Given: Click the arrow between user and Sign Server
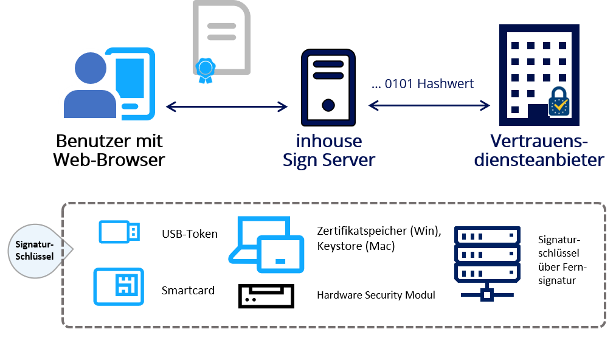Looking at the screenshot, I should click(x=226, y=107).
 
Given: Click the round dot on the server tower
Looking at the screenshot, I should click(x=328, y=105).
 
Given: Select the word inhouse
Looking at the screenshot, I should click(x=328, y=141).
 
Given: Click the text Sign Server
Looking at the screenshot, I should click(x=328, y=160).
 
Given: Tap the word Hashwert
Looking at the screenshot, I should click(x=446, y=84).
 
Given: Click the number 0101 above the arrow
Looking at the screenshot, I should click(x=398, y=84).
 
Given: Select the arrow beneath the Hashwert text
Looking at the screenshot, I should click(x=429, y=106).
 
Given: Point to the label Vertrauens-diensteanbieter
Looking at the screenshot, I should click(x=539, y=151).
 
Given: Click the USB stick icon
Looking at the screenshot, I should click(x=119, y=232).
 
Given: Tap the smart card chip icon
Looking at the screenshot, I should click(x=119, y=286).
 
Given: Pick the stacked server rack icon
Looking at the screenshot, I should click(x=487, y=254).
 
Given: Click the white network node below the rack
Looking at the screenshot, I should click(x=486, y=295).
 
